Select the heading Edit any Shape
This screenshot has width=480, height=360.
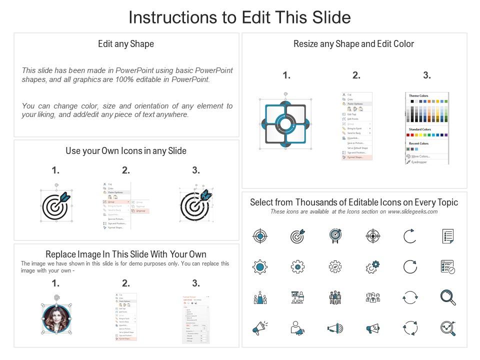pos(126,44)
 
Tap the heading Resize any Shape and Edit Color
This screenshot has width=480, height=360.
pos(353,44)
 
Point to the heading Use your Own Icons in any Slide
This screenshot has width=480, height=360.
pos(126,150)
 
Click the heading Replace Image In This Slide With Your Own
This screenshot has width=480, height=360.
pos(126,254)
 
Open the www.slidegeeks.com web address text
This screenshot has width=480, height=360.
pos(412,211)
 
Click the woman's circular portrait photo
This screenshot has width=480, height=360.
pos(55,317)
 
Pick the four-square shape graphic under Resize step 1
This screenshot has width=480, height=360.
pos(284,122)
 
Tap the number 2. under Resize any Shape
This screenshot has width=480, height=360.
pos(356,75)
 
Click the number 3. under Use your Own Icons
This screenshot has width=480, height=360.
pos(196,170)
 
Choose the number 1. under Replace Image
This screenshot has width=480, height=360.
pos(55,283)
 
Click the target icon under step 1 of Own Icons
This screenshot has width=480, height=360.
pos(55,205)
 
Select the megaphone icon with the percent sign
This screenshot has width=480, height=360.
pos(372,328)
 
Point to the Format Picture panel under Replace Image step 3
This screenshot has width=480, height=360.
pos(195,318)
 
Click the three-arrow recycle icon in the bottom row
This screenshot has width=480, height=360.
pos(410,328)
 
